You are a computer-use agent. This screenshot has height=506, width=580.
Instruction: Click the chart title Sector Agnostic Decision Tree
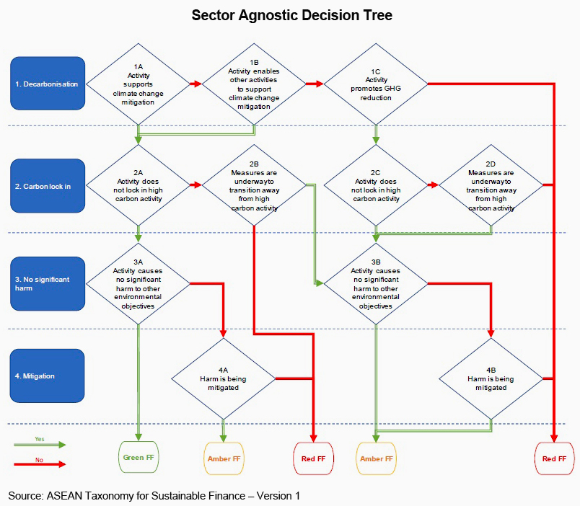(291, 16)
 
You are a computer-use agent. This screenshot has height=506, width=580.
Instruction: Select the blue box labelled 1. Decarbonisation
(48, 84)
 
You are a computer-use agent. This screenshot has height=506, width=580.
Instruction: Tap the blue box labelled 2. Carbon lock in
(48, 186)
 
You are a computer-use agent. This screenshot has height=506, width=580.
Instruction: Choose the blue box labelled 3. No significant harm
(48, 283)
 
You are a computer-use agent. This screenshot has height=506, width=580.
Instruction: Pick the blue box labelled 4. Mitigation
(48, 376)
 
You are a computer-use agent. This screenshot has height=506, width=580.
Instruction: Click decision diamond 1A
(139, 84)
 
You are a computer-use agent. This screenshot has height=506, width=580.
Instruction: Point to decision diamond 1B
(254, 84)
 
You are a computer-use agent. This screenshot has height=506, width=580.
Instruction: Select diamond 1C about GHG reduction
(375, 84)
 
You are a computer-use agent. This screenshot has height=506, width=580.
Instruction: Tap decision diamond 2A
(139, 186)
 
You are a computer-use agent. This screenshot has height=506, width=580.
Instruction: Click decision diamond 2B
(254, 186)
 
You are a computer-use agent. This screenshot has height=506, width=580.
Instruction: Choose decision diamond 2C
(375, 186)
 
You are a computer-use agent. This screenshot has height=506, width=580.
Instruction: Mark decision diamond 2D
(491, 186)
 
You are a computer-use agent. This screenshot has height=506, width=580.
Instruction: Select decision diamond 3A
(138, 283)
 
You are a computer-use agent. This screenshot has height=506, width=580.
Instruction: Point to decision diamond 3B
(375, 283)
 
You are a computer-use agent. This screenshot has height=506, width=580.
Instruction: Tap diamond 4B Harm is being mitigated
(491, 377)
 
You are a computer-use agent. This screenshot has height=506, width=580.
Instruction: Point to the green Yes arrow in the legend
(40, 445)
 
